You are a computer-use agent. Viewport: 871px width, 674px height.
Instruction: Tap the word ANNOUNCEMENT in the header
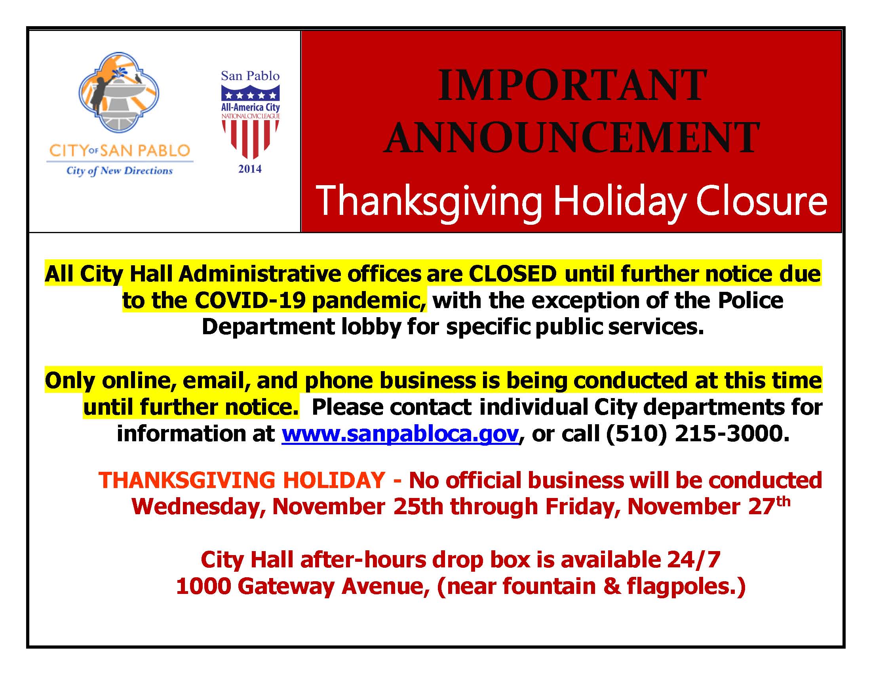571,138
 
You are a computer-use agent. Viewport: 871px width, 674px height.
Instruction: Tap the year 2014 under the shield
250,169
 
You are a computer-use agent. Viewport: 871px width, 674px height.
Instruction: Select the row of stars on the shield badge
251,96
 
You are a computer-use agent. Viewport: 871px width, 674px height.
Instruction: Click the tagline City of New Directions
119,171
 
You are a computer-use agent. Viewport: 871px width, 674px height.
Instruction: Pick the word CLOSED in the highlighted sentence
512,274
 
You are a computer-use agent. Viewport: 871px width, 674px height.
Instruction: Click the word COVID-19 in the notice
250,300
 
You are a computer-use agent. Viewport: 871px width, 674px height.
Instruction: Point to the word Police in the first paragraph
750,300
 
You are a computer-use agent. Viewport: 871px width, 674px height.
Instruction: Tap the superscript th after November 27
784,502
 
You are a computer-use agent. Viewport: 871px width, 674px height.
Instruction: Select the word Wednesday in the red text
198,507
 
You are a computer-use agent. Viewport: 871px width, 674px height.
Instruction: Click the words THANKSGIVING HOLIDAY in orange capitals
242,480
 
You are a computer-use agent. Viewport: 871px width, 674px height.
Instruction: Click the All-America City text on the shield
251,107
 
